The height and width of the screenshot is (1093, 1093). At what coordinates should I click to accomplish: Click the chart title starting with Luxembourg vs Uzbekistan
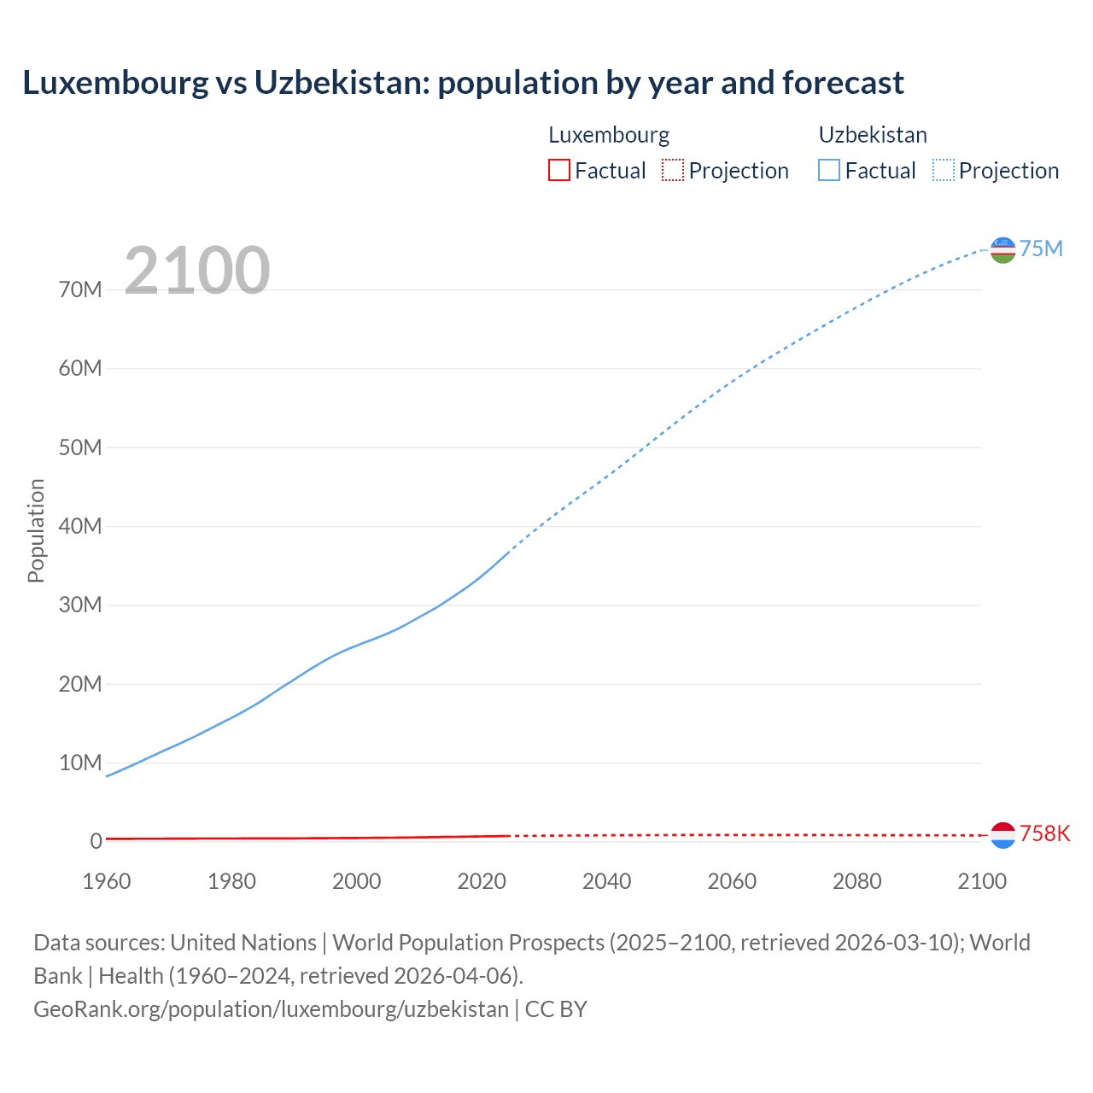[x=463, y=83]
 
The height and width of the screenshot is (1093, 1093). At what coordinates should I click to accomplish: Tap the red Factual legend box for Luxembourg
[x=558, y=170]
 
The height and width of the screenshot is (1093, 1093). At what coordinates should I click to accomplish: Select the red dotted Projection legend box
[x=673, y=170]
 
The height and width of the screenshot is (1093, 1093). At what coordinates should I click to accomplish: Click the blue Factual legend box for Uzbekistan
[x=828, y=170]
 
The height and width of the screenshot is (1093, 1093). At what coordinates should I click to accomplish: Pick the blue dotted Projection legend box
[x=944, y=170]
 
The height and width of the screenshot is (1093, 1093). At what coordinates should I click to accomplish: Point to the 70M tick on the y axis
[x=80, y=289]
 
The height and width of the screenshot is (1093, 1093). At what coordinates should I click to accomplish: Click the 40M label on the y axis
[x=80, y=526]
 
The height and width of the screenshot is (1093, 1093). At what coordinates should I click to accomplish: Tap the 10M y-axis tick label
[x=80, y=763]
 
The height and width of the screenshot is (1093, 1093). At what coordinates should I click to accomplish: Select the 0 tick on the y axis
[x=96, y=841]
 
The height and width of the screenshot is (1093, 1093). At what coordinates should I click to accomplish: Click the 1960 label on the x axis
[x=107, y=881]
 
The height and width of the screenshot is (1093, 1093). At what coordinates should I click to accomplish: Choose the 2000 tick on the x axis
[x=357, y=881]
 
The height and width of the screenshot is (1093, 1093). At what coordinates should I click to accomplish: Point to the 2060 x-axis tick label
[x=732, y=881]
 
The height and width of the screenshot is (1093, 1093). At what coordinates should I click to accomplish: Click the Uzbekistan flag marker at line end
[x=1002, y=249]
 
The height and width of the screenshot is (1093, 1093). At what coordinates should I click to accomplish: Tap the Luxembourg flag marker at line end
[x=1002, y=835]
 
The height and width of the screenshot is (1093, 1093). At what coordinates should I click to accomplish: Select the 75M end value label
[x=1041, y=248]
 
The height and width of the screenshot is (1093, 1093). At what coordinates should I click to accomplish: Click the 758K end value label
[x=1044, y=833]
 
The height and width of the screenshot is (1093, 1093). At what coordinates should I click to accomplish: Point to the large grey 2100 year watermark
[x=197, y=271]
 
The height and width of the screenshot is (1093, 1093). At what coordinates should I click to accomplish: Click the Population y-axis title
[x=36, y=530]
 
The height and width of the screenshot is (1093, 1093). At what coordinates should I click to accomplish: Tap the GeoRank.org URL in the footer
[x=271, y=1008]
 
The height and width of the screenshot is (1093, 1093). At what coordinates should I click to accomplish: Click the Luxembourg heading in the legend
[x=609, y=135]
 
